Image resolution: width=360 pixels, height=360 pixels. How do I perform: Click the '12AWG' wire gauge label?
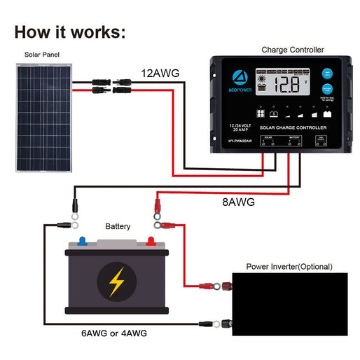coord(159,72)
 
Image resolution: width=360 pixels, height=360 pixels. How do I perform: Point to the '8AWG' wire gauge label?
coord(237,202)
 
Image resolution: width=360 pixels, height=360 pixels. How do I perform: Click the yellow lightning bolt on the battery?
coord(117,280)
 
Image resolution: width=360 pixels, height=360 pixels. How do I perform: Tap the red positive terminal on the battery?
coord(150,242)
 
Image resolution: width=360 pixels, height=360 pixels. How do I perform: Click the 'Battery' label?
coord(118,227)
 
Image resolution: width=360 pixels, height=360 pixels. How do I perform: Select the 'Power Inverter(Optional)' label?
coord(289,267)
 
